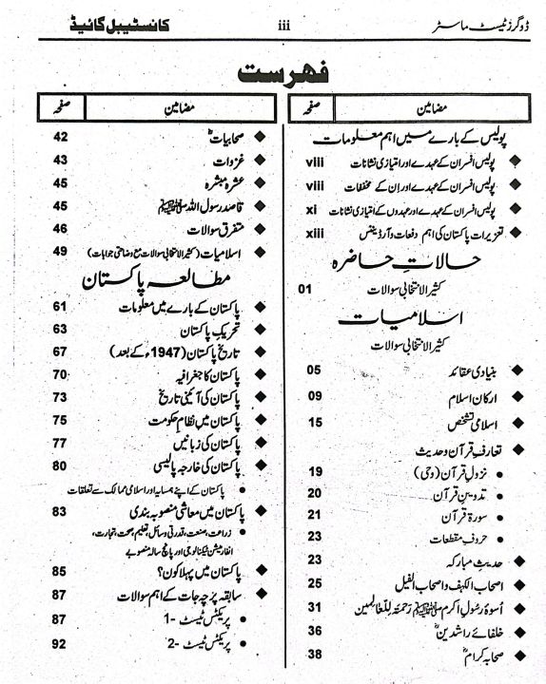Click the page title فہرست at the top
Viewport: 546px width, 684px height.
[x=273, y=73]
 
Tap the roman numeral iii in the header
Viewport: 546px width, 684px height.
[x=283, y=27]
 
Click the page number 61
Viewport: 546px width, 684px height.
[x=60, y=306]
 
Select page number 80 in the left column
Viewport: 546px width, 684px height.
[x=60, y=465]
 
